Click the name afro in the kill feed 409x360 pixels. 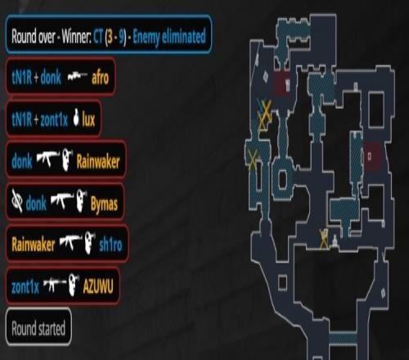coord(100,78)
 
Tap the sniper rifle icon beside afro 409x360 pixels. coord(78,76)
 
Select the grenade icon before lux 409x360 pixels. coord(76,118)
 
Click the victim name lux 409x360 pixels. coord(88,119)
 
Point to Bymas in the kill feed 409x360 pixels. coord(104,204)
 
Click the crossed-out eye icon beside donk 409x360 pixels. coord(17,201)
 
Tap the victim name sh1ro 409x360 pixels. coord(110,245)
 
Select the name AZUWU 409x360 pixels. coord(98,286)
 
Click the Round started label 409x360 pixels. coord(38,328)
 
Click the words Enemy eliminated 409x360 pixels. coord(169,37)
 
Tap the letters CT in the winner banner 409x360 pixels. coord(98,36)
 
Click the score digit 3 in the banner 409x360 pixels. coord(110,37)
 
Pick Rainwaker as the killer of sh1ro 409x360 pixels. coord(34,245)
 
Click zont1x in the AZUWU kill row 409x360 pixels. coord(25,286)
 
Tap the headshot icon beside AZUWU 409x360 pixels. coord(74,285)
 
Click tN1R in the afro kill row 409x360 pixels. coord(21,78)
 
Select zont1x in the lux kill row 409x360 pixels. coord(54,119)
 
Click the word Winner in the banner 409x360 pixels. coord(76,36)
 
